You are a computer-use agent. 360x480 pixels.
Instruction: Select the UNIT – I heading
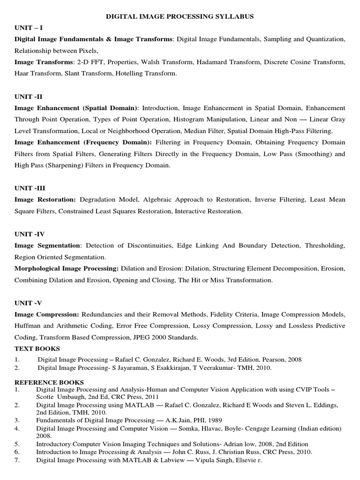tap(29, 28)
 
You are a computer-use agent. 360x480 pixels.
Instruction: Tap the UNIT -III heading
tap(30, 188)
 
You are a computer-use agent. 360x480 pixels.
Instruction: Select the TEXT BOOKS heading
tap(37, 349)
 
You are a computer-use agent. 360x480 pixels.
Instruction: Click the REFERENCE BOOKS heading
tap(49, 382)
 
